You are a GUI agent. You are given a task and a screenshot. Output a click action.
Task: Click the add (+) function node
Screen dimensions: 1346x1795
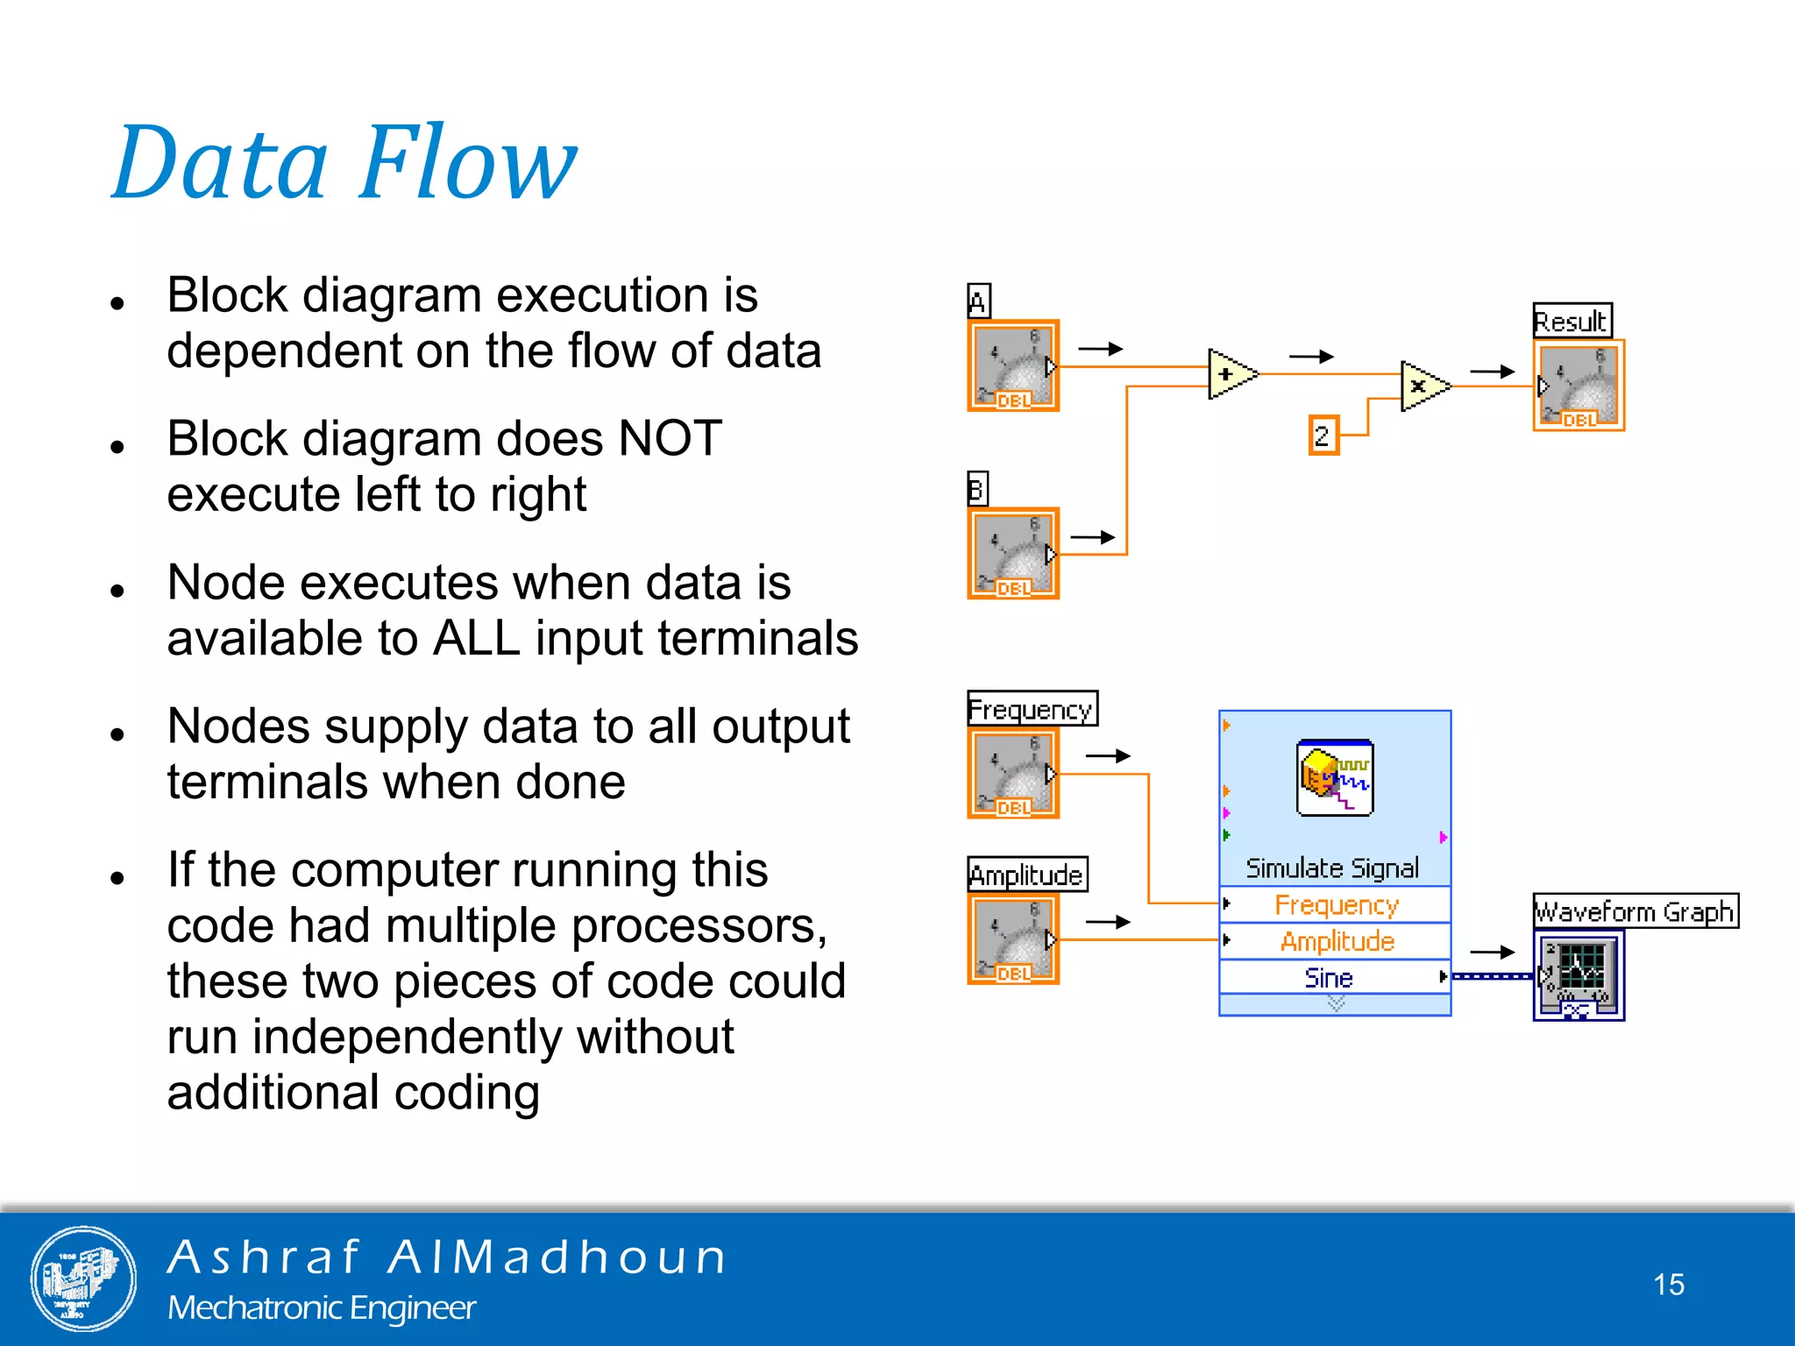[x=1229, y=374]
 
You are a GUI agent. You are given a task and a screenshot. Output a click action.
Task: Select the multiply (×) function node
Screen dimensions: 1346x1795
[x=1422, y=386]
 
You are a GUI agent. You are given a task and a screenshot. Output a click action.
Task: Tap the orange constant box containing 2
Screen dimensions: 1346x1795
[x=1323, y=436]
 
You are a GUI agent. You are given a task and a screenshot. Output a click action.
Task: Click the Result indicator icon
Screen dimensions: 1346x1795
[x=1579, y=386]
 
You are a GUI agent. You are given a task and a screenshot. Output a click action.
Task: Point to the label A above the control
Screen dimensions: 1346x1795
[x=978, y=301]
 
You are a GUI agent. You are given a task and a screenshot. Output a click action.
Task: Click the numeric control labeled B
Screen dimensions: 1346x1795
[x=1013, y=554]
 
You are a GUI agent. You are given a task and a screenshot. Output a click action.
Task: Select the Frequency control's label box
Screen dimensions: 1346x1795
[x=1032, y=709]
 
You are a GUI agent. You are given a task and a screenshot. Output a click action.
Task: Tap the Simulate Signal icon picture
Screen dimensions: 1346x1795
[x=1335, y=778]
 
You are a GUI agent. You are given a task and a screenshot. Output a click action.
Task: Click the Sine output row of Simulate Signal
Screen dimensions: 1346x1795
[x=1330, y=977]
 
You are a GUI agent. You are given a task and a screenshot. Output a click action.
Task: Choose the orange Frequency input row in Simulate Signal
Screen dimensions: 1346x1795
[x=1336, y=904]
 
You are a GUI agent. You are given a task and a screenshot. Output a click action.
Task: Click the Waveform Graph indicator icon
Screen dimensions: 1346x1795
[x=1578, y=975]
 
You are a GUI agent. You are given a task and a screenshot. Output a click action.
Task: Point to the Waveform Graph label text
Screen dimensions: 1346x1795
[x=1635, y=911]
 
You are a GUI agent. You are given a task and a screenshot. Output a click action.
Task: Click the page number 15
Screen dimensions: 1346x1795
[x=1668, y=1285]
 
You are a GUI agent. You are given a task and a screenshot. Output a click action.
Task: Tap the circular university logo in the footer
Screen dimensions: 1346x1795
[x=83, y=1279]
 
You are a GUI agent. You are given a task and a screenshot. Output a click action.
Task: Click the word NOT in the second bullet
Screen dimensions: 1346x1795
[x=670, y=438]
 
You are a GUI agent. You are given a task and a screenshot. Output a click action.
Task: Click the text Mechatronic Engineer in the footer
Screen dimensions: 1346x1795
[x=322, y=1307]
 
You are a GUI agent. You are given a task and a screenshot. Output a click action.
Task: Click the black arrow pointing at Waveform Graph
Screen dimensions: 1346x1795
[x=1492, y=952]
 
